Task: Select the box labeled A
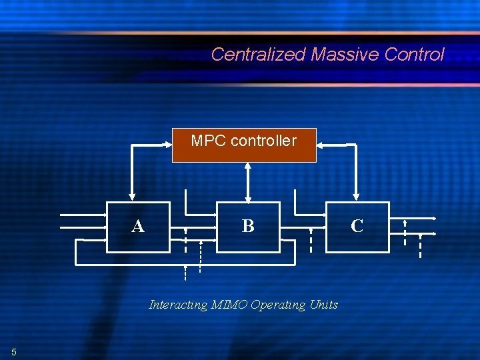click(138, 227)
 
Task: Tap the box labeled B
click(248, 227)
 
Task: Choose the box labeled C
click(357, 227)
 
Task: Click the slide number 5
click(13, 351)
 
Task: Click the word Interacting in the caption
click(178, 305)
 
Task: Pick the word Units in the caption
click(324, 305)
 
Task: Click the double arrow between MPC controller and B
click(248, 181)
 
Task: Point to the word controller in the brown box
click(261, 141)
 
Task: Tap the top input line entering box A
click(83, 215)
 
